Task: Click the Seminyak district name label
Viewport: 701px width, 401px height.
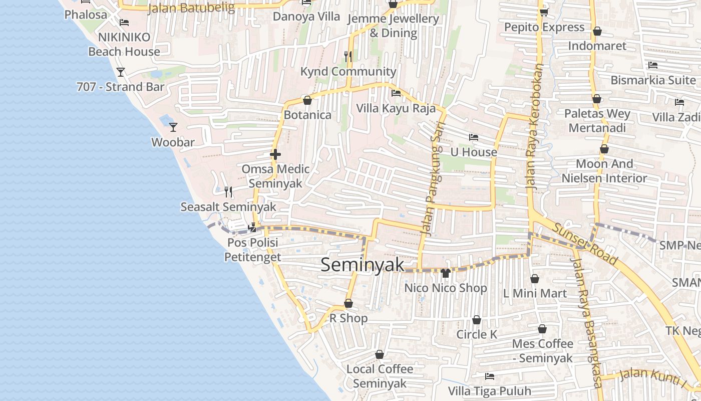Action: [x=362, y=265]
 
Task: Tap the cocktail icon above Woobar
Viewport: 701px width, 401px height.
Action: [x=173, y=127]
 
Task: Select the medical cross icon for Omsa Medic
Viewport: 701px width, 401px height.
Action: [x=275, y=154]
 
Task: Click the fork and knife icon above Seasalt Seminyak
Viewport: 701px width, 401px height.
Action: [x=228, y=191]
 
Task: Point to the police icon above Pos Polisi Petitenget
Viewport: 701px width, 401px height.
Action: [x=253, y=227]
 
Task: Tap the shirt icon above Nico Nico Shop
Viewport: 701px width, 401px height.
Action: [x=445, y=273]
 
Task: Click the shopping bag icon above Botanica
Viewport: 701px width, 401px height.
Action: [x=307, y=100]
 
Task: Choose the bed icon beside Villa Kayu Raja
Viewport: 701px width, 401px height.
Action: [x=396, y=93]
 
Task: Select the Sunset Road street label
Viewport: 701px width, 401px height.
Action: [x=584, y=244]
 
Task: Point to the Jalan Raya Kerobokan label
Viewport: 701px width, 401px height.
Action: [x=534, y=125]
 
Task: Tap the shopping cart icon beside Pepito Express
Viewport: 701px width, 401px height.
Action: [x=544, y=12]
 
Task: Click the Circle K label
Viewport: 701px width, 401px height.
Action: [x=477, y=334]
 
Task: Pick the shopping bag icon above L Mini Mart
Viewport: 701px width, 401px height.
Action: [x=535, y=279]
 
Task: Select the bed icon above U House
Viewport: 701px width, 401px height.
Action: [x=473, y=137]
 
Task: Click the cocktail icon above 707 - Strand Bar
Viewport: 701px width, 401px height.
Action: [x=121, y=72]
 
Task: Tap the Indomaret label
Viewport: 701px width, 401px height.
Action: [x=597, y=46]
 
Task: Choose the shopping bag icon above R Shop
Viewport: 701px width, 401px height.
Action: [x=348, y=303]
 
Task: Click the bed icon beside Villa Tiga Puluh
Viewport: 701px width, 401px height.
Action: [x=490, y=376]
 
